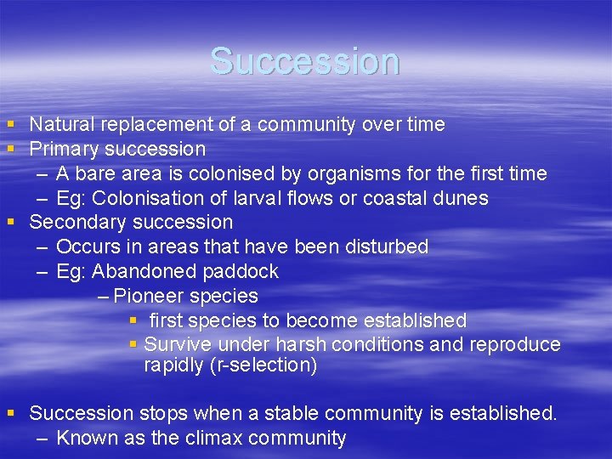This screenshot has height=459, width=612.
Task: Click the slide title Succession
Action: click(304, 61)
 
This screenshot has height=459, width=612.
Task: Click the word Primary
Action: click(64, 149)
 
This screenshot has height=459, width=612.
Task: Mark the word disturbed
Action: click(386, 247)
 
